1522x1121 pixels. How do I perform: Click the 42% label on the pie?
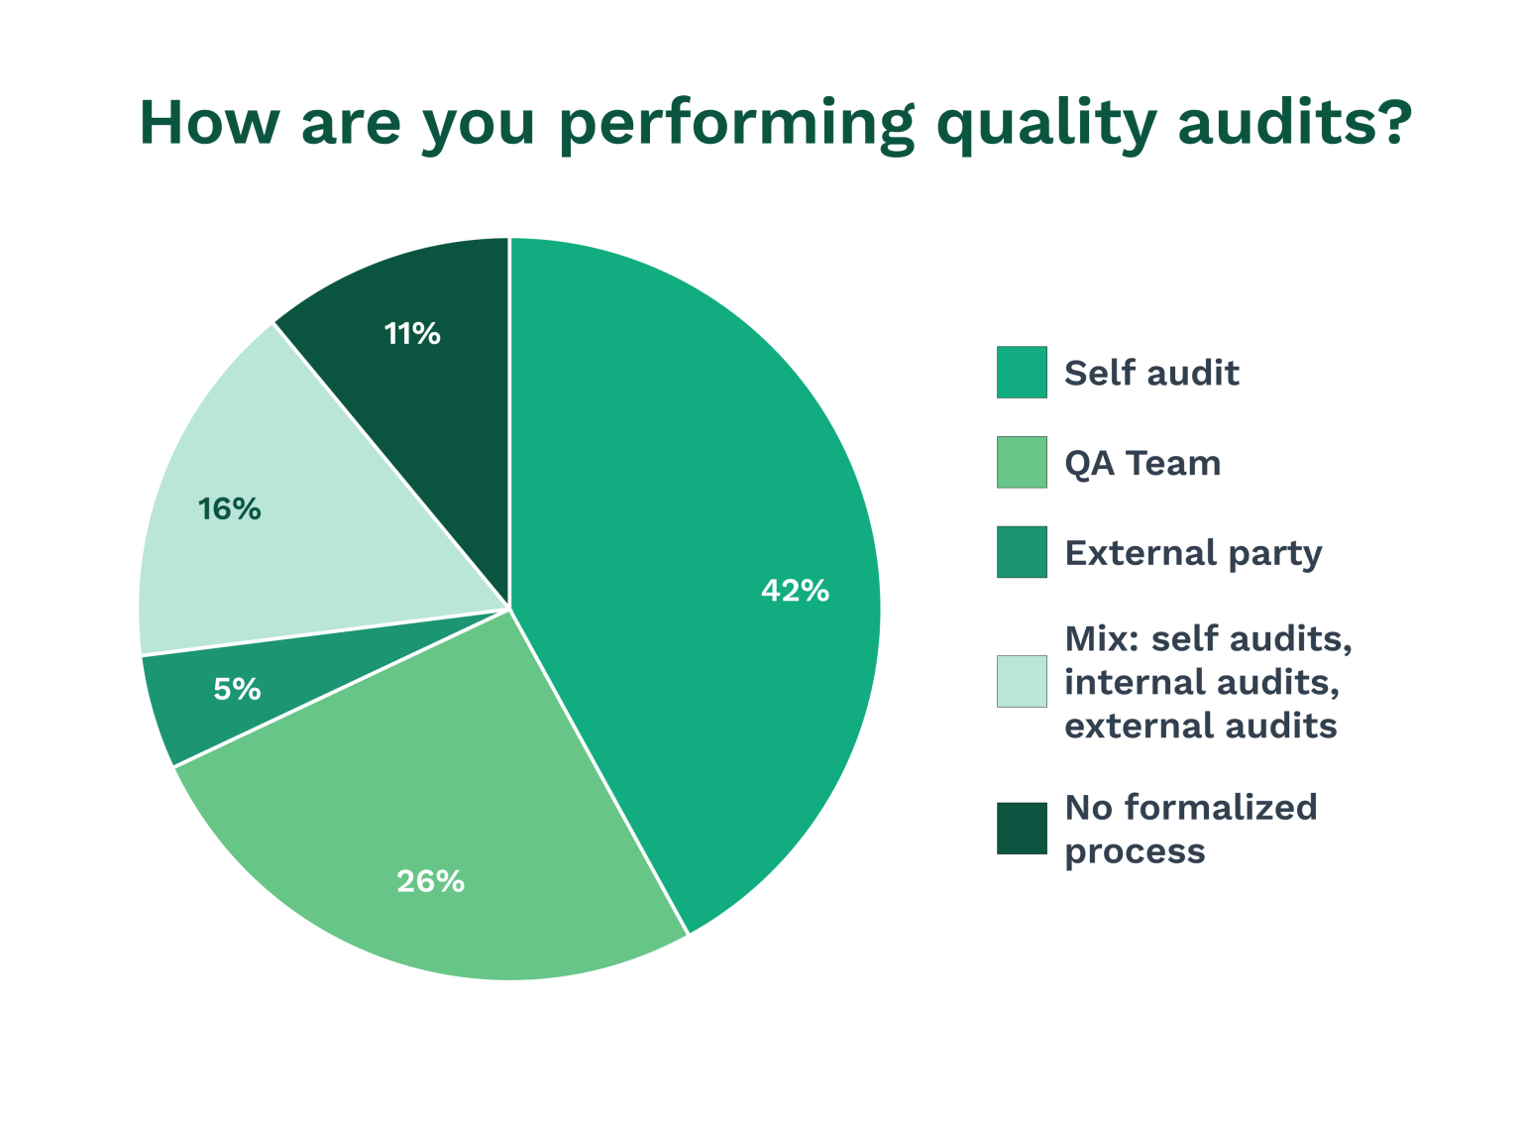click(795, 591)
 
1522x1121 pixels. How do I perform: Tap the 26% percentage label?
click(430, 881)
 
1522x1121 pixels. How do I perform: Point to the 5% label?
click(237, 689)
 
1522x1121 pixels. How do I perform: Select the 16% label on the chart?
click(229, 509)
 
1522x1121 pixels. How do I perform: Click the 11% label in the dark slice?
click(412, 334)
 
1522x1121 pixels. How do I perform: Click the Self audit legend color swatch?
click(1022, 373)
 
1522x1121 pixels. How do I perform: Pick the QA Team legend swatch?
click(1022, 463)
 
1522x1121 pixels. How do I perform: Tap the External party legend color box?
click(1022, 552)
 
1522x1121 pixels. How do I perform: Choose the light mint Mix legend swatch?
click(1022, 682)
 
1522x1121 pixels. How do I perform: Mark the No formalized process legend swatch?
click(1022, 829)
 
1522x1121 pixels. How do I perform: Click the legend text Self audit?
click(1151, 374)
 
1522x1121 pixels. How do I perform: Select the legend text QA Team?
click(1142, 464)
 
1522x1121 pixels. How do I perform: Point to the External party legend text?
click(1193, 553)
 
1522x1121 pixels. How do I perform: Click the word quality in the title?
click(1045, 123)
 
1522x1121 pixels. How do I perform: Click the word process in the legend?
click(1135, 851)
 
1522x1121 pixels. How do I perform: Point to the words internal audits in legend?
click(1202, 682)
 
